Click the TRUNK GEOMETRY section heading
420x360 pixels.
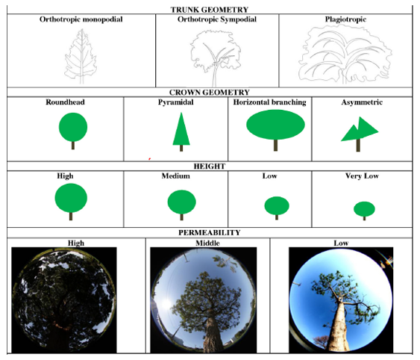tap(210, 10)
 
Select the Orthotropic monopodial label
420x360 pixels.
tap(81, 19)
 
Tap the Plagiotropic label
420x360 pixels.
tap(345, 19)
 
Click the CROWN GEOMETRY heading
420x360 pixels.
tap(210, 93)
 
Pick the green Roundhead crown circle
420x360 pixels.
tap(73, 127)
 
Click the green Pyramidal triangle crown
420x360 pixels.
tap(181, 129)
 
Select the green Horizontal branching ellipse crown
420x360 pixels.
tap(275, 125)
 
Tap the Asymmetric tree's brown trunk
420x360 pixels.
tap(358, 145)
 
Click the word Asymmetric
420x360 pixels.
tap(362, 102)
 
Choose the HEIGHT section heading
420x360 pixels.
tap(210, 167)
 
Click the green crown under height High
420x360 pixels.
tap(71, 198)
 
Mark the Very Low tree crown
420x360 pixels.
tap(364, 209)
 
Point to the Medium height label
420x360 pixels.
tap(176, 176)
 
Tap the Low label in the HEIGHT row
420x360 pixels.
tap(269, 176)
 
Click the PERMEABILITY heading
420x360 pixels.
tap(210, 232)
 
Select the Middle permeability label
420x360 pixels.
tap(207, 243)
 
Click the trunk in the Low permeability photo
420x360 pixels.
tap(338, 326)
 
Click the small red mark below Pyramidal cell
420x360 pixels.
tap(149, 159)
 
